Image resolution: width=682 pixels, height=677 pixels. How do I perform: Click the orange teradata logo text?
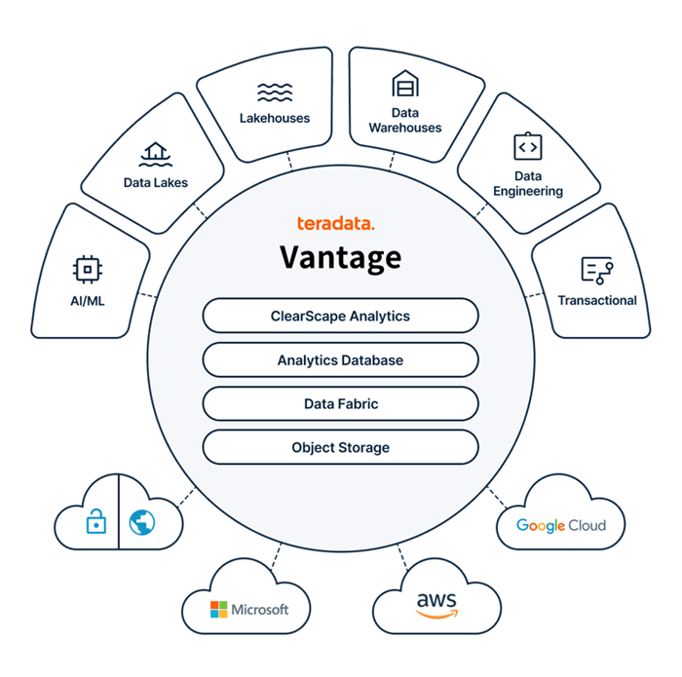tap(336, 224)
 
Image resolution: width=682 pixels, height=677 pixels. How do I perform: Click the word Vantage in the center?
tap(340, 257)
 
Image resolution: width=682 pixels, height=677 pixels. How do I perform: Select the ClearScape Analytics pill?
tap(340, 317)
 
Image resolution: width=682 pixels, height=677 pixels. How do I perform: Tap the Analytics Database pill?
tap(340, 360)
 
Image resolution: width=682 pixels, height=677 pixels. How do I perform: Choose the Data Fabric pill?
tap(340, 403)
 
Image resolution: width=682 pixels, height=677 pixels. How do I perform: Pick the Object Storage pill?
tap(340, 447)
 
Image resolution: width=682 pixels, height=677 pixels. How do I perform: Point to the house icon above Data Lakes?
tap(155, 152)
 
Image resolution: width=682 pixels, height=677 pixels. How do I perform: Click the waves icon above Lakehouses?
tap(275, 92)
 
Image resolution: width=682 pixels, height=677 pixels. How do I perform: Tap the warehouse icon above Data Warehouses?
tap(404, 85)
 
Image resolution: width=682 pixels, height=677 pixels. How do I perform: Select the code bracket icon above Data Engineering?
tap(527, 146)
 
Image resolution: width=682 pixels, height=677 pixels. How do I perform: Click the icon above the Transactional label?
tap(594, 269)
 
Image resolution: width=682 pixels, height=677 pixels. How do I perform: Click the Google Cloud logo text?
tap(560, 525)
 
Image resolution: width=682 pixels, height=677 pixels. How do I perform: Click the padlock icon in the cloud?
tap(95, 523)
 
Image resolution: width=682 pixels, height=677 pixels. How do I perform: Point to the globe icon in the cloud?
tap(142, 523)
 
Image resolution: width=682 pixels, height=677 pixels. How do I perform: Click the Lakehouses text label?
tap(275, 118)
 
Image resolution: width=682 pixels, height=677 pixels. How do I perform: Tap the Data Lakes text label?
tap(155, 182)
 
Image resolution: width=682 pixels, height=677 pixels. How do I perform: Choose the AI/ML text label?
tap(88, 301)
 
